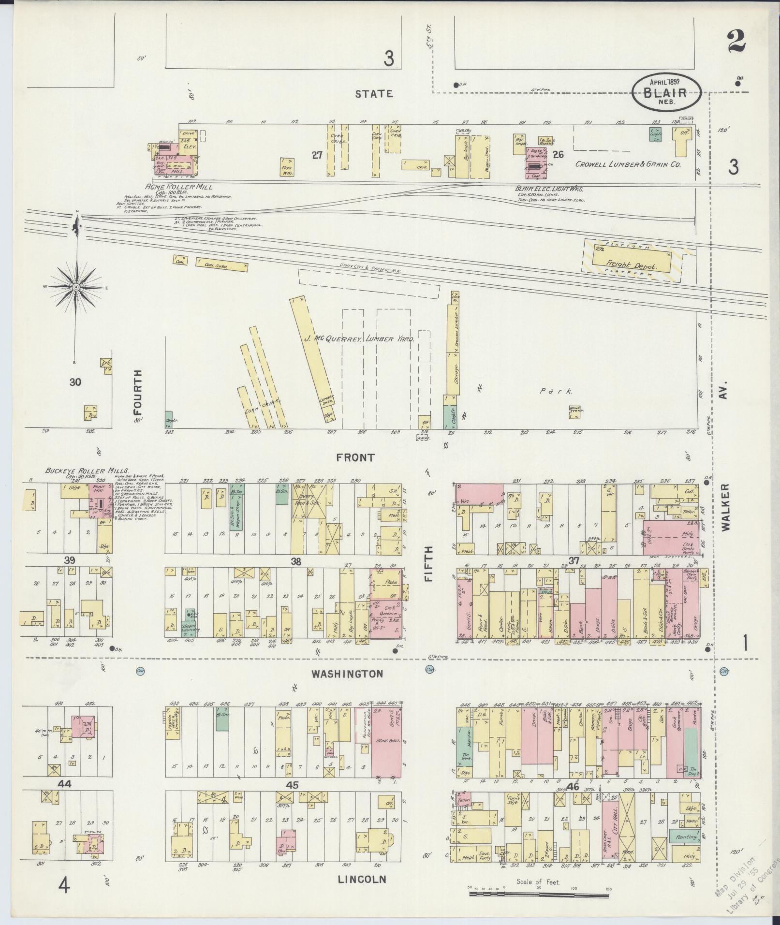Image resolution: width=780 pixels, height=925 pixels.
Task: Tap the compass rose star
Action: click(x=76, y=287)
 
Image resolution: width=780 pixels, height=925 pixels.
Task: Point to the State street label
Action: click(x=374, y=94)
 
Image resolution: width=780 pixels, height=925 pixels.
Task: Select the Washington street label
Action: click(x=347, y=674)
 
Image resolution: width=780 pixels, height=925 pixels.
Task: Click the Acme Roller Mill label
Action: click(x=179, y=187)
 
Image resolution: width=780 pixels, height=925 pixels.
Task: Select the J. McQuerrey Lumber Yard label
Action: click(x=359, y=339)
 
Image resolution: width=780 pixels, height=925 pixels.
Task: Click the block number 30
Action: click(x=75, y=382)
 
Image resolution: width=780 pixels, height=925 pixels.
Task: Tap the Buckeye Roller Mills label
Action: click(x=87, y=470)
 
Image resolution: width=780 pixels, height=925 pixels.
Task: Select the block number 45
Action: click(x=293, y=785)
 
